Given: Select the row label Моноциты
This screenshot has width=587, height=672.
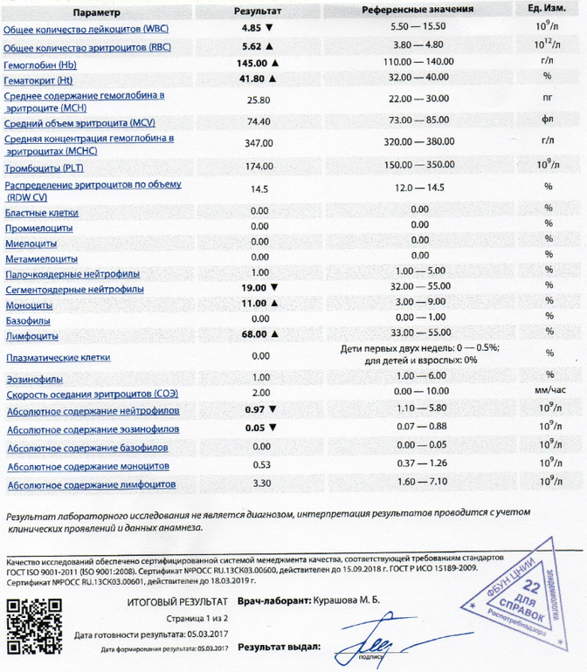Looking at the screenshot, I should tap(30, 305).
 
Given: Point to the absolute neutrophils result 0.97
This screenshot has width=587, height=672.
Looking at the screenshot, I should tap(255, 409).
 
